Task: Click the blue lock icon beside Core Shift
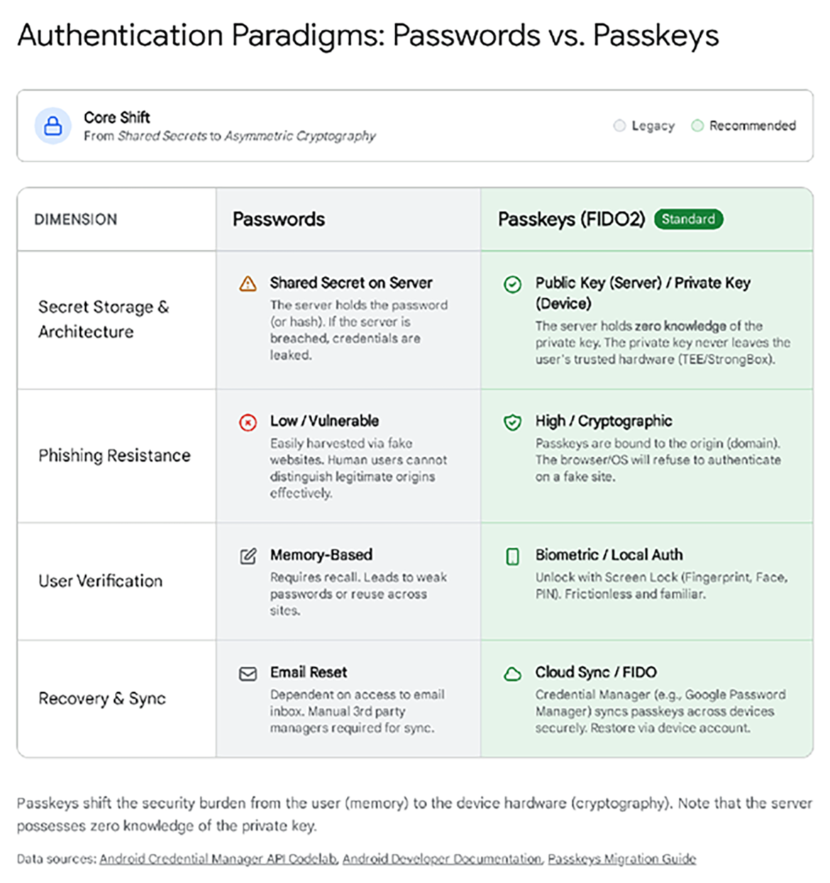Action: pos(52,126)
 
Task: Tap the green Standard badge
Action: pos(688,219)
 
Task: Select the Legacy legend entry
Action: pos(644,126)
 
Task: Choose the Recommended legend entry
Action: pos(743,126)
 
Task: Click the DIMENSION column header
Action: pos(76,219)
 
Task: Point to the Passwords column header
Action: pos(279,219)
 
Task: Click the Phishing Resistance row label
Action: pos(114,456)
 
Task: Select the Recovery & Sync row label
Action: pos(102,698)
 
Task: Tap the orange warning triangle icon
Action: pos(248,284)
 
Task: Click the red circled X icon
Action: pos(248,423)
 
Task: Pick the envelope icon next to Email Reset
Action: pos(248,674)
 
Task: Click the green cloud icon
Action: pos(512,674)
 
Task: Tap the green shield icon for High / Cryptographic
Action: pos(512,422)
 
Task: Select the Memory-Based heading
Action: pos(321,555)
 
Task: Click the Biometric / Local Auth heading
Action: pos(609,555)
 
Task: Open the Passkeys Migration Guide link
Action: pos(621,859)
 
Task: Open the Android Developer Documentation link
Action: pos(443,859)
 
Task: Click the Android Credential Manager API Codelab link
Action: pos(218,859)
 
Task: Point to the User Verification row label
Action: pos(100,581)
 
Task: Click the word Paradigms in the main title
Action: pos(309,35)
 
